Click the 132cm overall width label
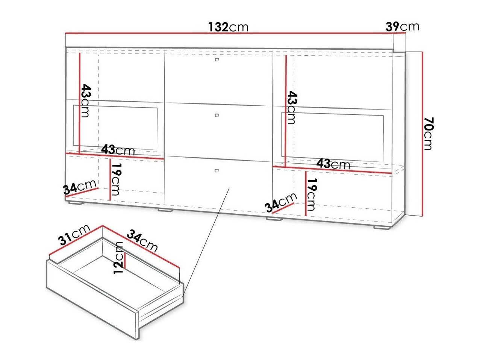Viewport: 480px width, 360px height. [x=228, y=27]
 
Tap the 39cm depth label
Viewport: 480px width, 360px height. [x=402, y=26]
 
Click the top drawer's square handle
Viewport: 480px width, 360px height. [x=217, y=59]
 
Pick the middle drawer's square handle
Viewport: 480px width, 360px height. [x=217, y=115]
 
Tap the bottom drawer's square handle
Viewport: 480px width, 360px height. [x=217, y=170]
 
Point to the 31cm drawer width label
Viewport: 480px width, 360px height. [x=74, y=235]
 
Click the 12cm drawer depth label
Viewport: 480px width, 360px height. [x=119, y=257]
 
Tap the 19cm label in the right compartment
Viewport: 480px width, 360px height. [x=311, y=195]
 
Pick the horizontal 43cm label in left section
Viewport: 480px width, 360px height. [x=118, y=150]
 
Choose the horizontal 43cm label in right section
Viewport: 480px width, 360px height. [x=334, y=164]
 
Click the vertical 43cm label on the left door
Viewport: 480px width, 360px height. [x=85, y=101]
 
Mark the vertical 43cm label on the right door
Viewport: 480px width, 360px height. [x=292, y=108]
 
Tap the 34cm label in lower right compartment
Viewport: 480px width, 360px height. [x=281, y=203]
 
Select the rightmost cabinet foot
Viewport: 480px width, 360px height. [x=382, y=228]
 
